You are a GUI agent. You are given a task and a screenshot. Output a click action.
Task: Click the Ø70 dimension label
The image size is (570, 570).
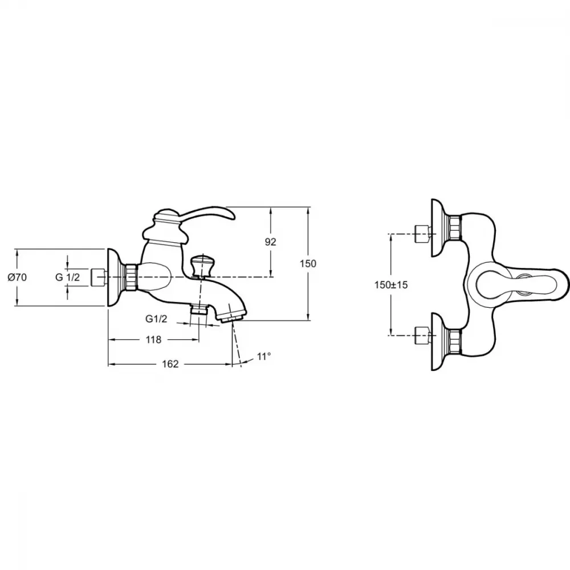click(x=17, y=278)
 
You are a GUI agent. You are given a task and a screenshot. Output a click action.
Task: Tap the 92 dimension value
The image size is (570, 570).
click(x=270, y=242)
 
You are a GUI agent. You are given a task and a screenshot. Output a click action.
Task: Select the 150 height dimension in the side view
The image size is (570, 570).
click(x=308, y=263)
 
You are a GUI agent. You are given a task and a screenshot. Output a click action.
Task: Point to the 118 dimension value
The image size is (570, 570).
click(x=153, y=340)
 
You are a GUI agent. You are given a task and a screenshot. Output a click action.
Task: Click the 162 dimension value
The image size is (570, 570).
click(x=170, y=364)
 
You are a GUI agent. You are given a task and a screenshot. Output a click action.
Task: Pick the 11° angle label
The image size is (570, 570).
click(x=264, y=357)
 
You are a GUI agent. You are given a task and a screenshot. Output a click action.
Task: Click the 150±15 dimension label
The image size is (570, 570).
click(x=391, y=285)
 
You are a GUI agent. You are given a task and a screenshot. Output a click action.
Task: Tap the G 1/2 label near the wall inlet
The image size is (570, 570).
click(x=67, y=278)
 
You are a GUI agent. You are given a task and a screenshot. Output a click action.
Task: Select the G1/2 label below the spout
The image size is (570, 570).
click(x=156, y=319)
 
